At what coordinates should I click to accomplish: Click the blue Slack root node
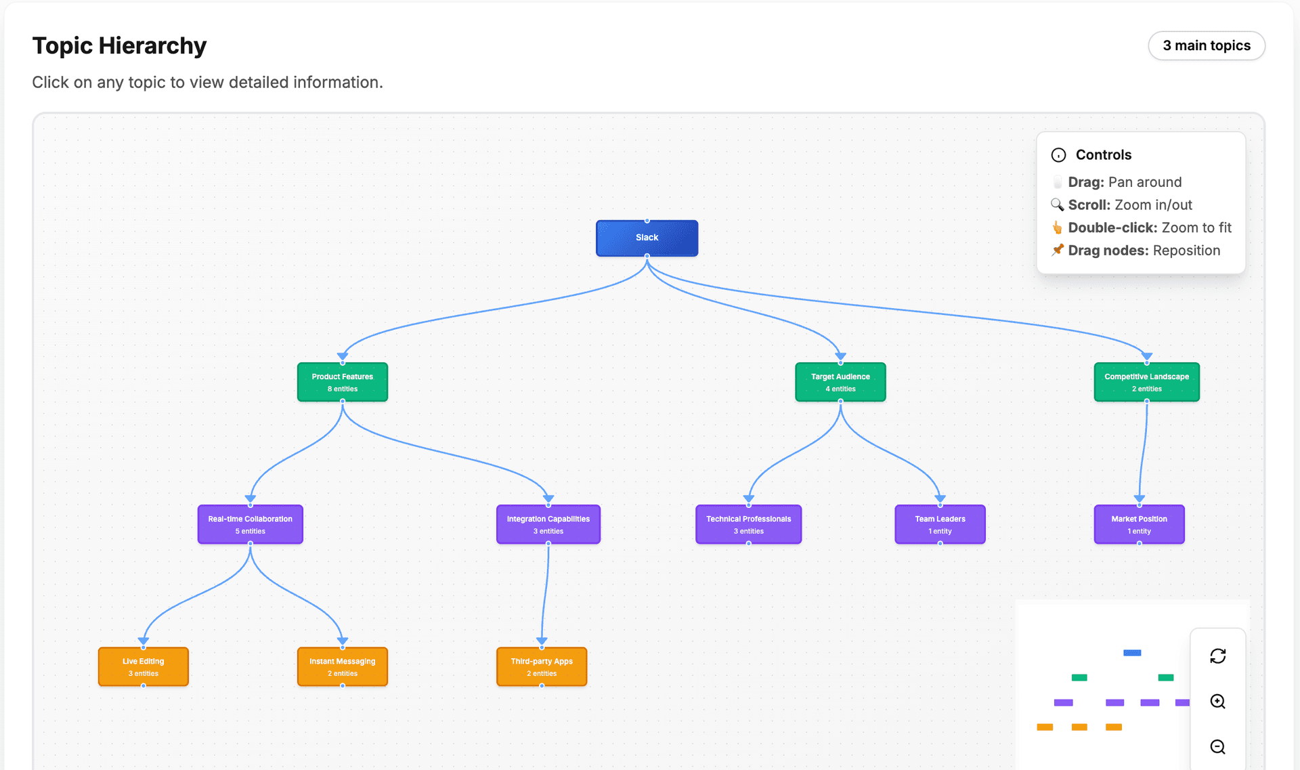pos(647,238)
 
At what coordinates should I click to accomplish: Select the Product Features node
pos(342,382)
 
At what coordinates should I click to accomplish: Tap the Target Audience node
pos(840,382)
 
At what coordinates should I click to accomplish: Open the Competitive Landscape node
pos(1146,382)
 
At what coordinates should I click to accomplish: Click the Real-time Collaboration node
pos(250,524)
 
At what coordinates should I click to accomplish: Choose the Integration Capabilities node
pos(548,524)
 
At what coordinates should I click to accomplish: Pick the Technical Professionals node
pos(748,524)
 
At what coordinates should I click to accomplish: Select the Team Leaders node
pos(940,524)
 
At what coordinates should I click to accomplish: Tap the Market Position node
pos(1139,524)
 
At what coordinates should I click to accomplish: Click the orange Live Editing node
pos(143,666)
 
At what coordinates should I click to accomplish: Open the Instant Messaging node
pos(342,666)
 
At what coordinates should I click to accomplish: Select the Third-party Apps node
pos(542,666)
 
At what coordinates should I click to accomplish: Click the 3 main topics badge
pos(1206,45)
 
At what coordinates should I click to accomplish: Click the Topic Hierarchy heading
pos(119,45)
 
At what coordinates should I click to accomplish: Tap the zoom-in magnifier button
pos(1217,702)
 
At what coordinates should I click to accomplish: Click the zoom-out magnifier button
pos(1217,747)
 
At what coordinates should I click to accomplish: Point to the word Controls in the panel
pos(1103,154)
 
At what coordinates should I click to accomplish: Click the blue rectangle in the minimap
pos(1132,653)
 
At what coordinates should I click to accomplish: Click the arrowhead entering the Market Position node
pos(1140,499)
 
